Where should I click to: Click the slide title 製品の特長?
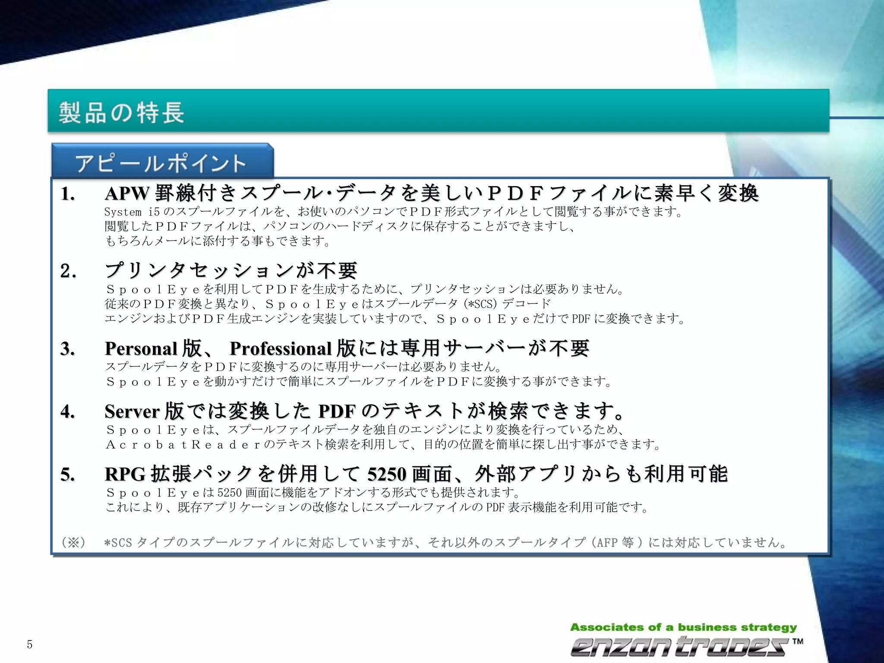[121, 112]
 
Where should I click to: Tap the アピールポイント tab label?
[161, 164]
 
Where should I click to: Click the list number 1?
[67, 194]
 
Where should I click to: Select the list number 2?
[68, 272]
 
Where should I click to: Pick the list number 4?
[68, 411]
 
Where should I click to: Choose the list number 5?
[68, 475]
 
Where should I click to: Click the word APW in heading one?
[126, 194]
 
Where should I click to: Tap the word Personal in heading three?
[141, 348]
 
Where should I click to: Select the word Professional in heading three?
[281, 348]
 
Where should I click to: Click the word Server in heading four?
[132, 411]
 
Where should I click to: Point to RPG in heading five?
[124, 474]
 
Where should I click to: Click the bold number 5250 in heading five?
[386, 474]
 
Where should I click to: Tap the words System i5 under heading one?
[132, 212]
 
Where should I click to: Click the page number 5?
[29, 645]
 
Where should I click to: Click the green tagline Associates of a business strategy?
[683, 627]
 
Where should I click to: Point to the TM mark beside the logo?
[798, 641]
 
